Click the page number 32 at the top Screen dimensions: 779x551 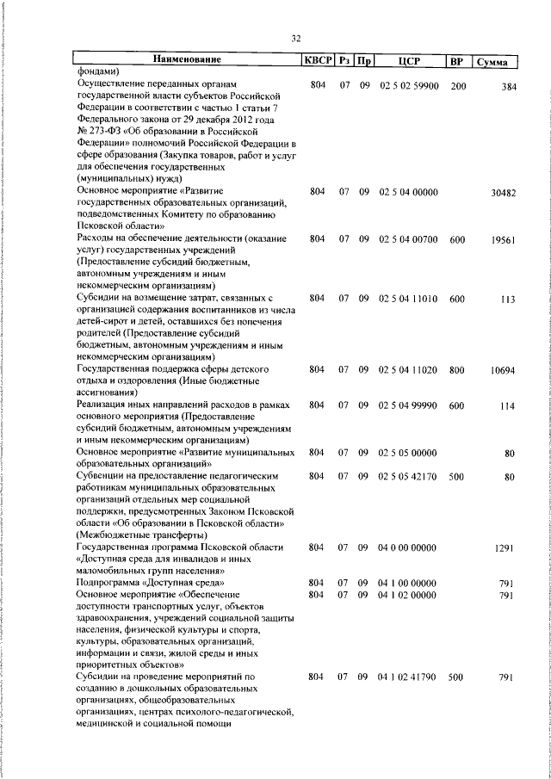click(x=296, y=38)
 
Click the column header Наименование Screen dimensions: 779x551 click(x=187, y=60)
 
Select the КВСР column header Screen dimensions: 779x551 click(x=316, y=61)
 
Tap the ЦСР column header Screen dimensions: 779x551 click(x=408, y=61)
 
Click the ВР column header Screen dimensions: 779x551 click(x=457, y=61)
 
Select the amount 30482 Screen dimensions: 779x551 click(x=503, y=194)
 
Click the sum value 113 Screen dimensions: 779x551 click(x=508, y=299)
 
